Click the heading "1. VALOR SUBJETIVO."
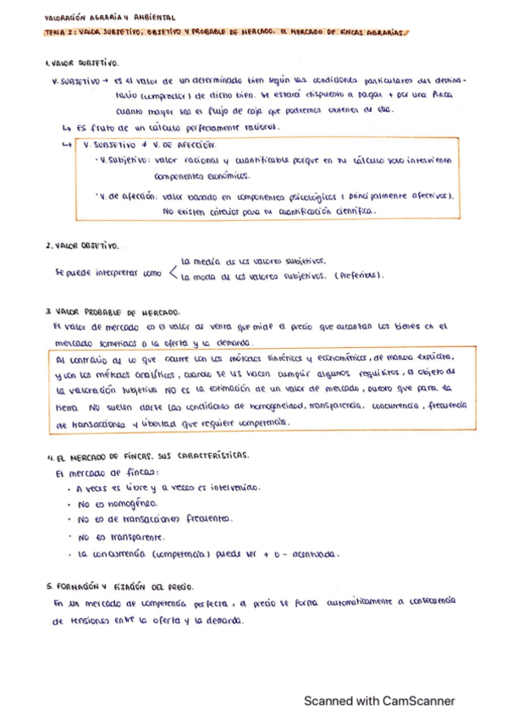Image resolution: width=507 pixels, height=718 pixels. click(x=82, y=64)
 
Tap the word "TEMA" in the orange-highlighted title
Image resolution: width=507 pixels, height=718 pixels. click(x=53, y=34)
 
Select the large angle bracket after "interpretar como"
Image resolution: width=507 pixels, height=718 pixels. click(x=172, y=270)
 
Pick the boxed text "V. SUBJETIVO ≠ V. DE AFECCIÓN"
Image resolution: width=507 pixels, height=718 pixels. click(x=144, y=145)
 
